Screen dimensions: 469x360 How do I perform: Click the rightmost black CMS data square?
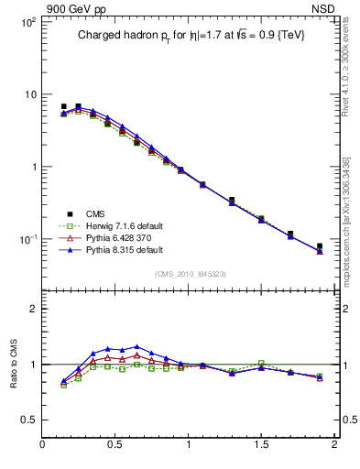click(320, 246)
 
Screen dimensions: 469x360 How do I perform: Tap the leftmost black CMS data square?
click(63, 106)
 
